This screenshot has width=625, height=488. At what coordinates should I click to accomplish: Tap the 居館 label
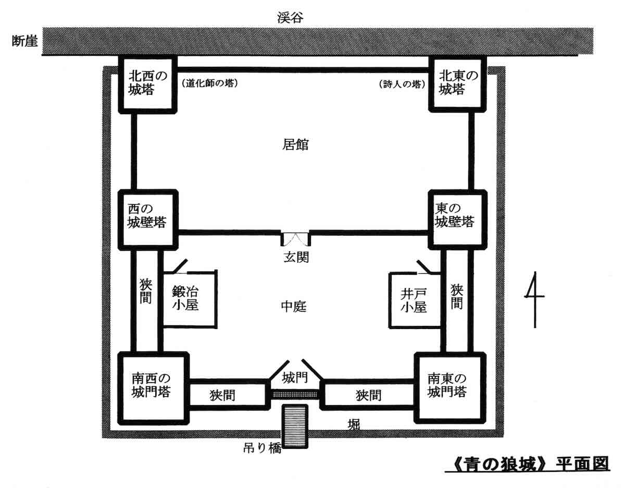(x=295, y=144)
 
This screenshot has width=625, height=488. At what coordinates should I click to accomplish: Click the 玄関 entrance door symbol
(x=295, y=239)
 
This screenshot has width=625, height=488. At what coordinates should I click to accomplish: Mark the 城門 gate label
(x=295, y=376)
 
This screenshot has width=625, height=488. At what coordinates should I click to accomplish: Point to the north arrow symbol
(x=534, y=300)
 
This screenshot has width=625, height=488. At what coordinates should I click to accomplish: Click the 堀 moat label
(x=354, y=425)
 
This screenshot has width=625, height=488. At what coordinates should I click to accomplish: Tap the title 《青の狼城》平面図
(x=527, y=463)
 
